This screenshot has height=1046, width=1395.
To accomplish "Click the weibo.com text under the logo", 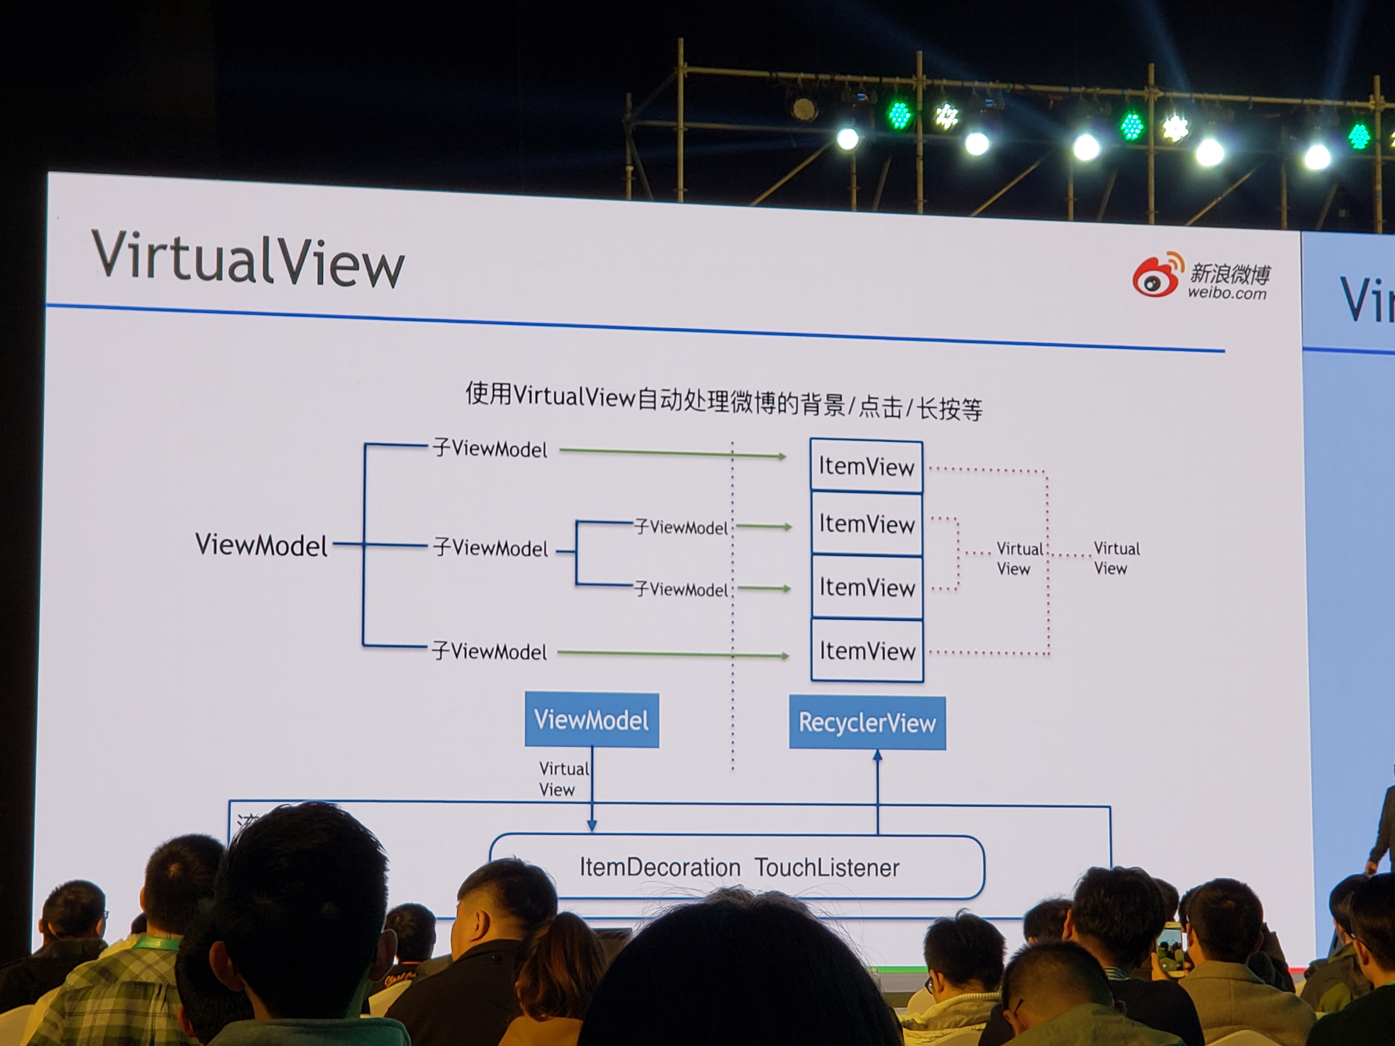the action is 1227,293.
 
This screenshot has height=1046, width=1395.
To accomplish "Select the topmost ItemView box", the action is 866,467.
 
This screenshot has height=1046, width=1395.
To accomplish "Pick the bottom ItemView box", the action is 867,651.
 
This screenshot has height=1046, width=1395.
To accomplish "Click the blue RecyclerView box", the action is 867,723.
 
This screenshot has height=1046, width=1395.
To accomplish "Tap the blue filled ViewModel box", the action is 591,720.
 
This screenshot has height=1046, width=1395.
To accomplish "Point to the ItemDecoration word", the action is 660,868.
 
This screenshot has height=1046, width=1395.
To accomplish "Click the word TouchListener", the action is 827,868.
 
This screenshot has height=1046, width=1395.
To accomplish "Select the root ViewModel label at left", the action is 261,545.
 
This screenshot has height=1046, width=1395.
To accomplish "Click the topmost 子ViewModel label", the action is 490,449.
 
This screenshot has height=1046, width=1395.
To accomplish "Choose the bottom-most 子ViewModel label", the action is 489,651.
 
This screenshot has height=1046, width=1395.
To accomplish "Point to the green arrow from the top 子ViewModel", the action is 672,453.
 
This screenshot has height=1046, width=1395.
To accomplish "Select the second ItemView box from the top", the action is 866,524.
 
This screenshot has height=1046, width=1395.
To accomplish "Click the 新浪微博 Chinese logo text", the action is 1230,273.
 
